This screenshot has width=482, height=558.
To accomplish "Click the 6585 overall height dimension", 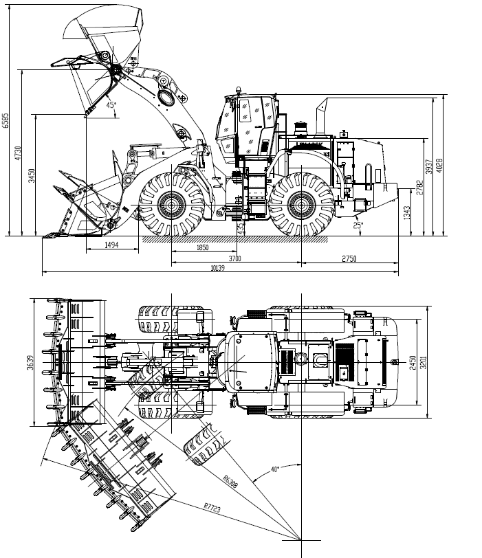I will click(x=6, y=121).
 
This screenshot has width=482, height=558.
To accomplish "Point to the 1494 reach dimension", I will click(x=111, y=245).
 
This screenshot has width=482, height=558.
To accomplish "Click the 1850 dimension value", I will click(x=202, y=247).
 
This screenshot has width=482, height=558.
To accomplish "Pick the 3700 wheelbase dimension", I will click(x=235, y=258).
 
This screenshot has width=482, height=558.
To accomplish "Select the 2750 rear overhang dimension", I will click(x=349, y=258).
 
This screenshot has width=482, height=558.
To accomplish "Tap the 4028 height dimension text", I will click(x=439, y=166).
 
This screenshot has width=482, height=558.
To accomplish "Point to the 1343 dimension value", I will click(x=407, y=213).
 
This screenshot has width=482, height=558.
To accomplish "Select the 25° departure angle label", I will click(x=358, y=225).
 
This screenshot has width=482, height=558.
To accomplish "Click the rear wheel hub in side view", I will click(x=300, y=204).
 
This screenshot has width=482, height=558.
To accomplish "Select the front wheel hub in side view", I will click(x=172, y=204).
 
